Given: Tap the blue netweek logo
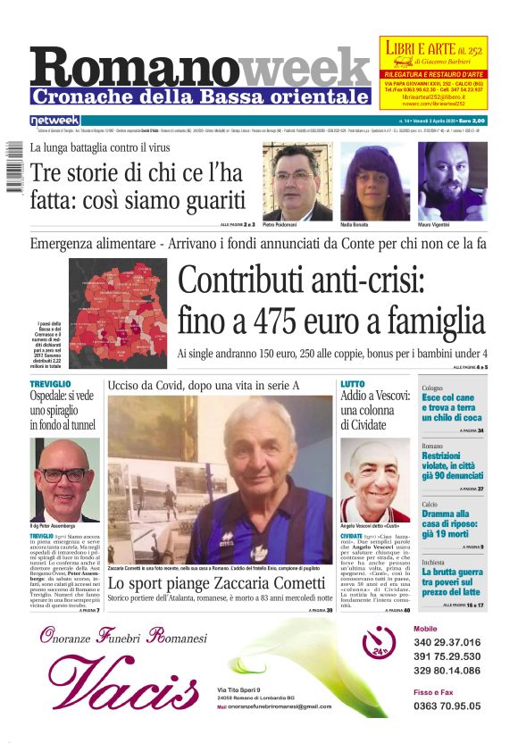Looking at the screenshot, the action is point(54,121).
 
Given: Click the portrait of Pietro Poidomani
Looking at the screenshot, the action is point(297,182).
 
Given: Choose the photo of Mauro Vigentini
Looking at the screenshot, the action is point(453,182).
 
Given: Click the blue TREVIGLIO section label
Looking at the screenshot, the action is point(50,383).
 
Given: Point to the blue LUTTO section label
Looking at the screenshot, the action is point(352,383).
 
